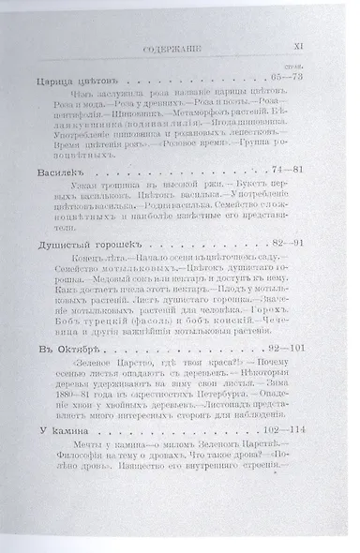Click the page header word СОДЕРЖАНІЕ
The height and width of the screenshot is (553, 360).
tap(185, 44)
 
